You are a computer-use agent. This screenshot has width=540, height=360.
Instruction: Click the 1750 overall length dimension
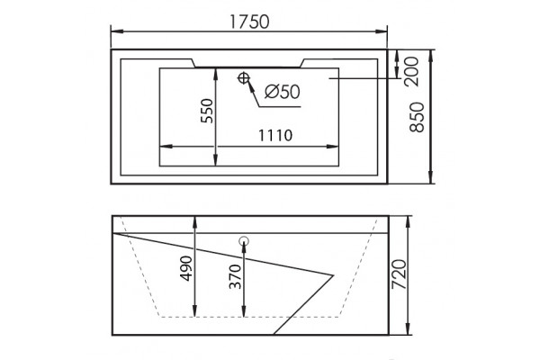(x=249, y=22)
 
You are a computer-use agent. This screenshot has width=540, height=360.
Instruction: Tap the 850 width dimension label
(x=417, y=117)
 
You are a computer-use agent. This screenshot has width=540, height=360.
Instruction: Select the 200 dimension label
(x=411, y=71)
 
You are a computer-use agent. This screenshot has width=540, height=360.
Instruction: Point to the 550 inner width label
(x=207, y=111)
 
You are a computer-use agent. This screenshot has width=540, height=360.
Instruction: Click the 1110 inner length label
(x=275, y=135)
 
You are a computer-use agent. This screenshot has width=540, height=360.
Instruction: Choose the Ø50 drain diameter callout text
(x=283, y=92)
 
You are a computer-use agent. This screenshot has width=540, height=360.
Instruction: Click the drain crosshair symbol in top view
(x=244, y=78)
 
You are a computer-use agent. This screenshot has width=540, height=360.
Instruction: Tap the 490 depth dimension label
(x=186, y=268)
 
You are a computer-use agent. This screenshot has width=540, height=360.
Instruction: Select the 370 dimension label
(x=235, y=276)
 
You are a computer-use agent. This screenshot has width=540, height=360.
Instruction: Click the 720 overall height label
(x=399, y=274)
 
